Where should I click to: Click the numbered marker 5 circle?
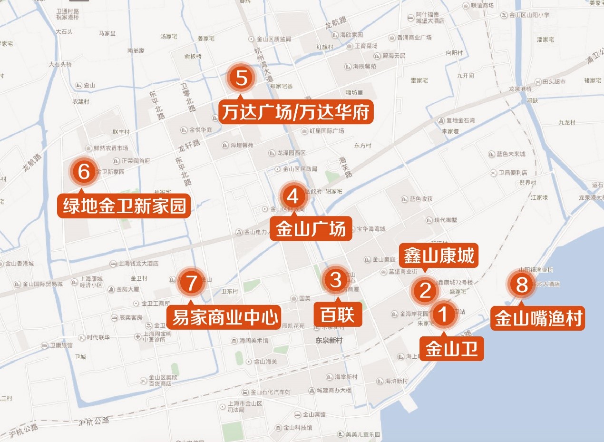(242, 79)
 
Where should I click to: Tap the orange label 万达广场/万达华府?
(295, 112)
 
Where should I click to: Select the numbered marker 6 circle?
(84, 172)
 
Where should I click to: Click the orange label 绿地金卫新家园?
(124, 206)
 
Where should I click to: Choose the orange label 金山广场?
(311, 229)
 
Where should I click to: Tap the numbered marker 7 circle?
(191, 283)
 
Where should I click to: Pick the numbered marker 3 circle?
(336, 280)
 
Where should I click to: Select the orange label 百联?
(338, 315)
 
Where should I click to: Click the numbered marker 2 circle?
(425, 290)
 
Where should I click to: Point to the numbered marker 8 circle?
(522, 285)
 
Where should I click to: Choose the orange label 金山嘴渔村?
(538, 318)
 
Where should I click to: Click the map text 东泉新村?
(329, 341)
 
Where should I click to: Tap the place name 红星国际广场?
(326, 130)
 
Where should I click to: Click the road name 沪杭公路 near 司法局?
(94, 421)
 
